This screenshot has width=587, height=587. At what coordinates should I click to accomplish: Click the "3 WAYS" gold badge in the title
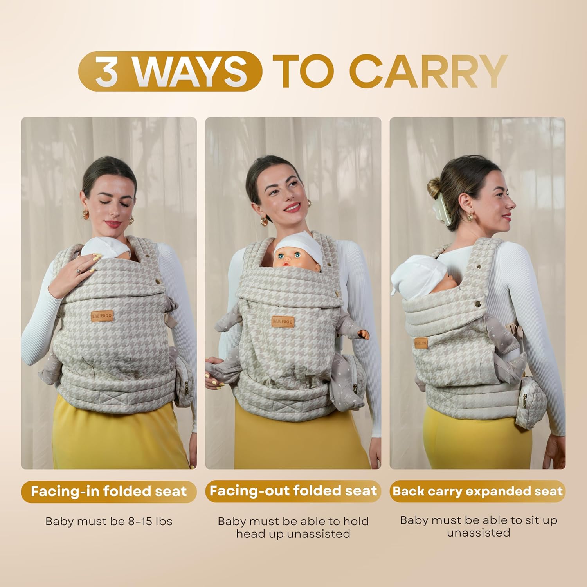pos(170,71)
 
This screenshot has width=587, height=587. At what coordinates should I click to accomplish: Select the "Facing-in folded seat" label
pos(109,492)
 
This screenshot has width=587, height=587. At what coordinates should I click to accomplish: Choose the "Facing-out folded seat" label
pos(293,491)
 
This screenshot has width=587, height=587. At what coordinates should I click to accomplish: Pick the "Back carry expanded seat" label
pos(477,492)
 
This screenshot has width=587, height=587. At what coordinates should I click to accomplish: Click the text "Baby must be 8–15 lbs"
pos(109,521)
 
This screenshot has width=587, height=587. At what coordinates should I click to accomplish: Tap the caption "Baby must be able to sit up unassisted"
pos(478,526)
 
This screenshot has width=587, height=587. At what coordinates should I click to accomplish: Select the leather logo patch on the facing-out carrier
pos(283,321)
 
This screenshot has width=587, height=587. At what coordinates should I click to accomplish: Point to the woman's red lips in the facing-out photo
pos(292,207)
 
